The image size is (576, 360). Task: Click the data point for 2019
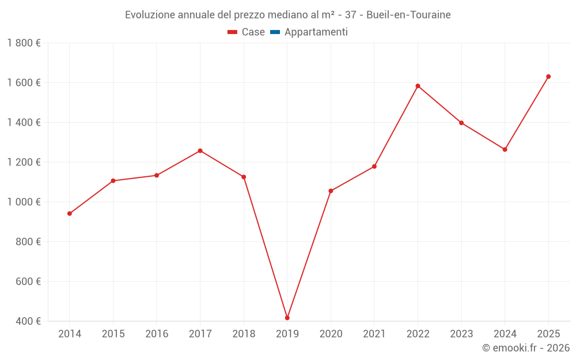click(x=287, y=318)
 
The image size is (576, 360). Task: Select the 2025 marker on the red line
click(x=548, y=77)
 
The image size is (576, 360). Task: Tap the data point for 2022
click(x=418, y=86)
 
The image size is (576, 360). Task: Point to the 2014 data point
click(x=70, y=214)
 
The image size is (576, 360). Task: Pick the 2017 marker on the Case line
click(x=200, y=151)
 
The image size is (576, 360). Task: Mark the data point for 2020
click(x=331, y=191)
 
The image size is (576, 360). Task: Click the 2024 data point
click(x=505, y=149)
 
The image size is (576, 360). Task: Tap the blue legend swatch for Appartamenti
click(x=274, y=32)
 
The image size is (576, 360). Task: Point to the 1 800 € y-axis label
click(x=24, y=43)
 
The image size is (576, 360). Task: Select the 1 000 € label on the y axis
click(x=24, y=202)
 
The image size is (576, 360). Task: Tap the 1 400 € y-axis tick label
click(x=24, y=123)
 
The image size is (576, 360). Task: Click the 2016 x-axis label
click(x=157, y=334)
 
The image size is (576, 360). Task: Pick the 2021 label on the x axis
click(x=374, y=334)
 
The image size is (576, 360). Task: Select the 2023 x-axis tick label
click(x=461, y=334)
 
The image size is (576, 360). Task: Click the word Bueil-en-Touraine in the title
click(x=408, y=14)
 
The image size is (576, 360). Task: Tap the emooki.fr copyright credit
click(x=525, y=348)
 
